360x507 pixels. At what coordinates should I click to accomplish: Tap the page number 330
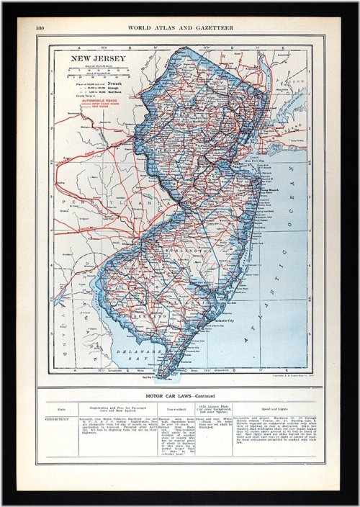tap(42, 28)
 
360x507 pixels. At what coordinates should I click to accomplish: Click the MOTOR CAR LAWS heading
tap(180, 395)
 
